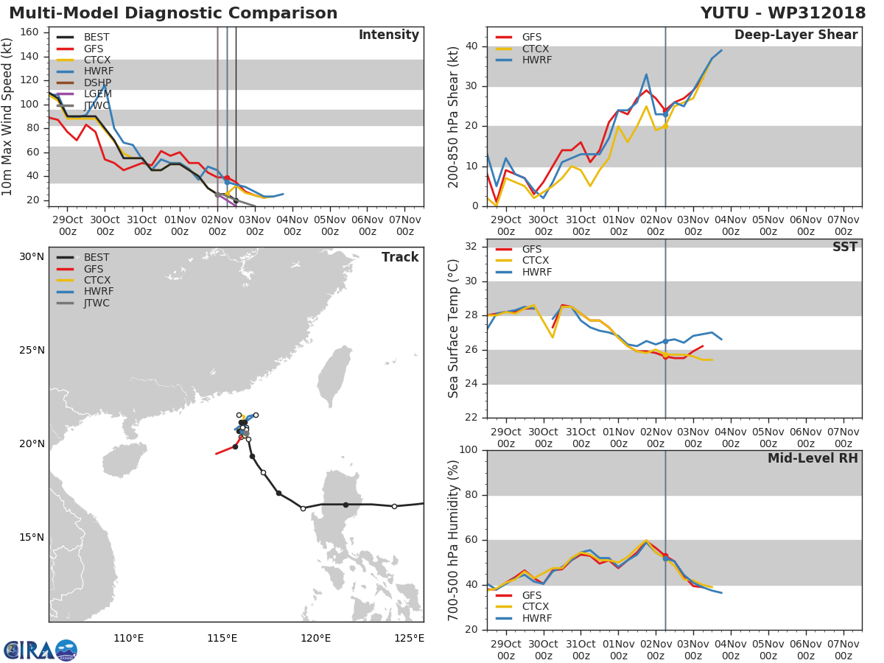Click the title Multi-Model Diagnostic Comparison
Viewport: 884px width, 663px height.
(173, 13)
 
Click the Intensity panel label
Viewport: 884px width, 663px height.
(388, 35)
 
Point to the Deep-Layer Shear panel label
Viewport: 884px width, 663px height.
(796, 35)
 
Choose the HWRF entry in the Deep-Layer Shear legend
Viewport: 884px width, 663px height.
(536, 60)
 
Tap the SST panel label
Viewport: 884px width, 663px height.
(844, 248)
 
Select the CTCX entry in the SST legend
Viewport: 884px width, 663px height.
(536, 261)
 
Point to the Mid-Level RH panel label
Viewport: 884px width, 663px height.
(813, 459)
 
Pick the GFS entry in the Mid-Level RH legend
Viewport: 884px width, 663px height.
(532, 595)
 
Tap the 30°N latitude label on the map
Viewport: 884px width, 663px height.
(32, 257)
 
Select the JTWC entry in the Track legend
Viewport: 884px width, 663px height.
(97, 303)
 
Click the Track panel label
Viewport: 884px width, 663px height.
(399, 257)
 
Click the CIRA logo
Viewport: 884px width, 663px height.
(40, 650)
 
